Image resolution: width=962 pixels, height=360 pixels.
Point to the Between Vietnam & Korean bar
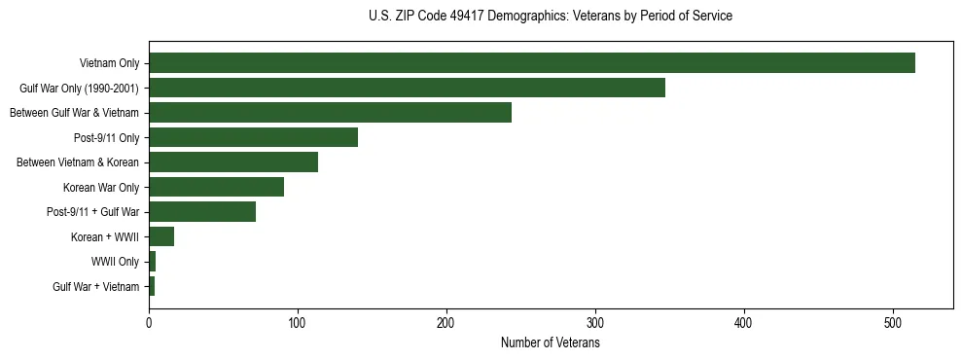[x=233, y=162]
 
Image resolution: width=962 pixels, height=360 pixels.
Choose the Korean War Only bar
[x=216, y=187]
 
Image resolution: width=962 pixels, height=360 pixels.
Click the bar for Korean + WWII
[x=161, y=236]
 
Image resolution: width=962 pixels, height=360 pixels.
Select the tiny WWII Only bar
[x=152, y=262]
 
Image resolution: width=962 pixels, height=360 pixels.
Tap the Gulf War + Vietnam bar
[x=152, y=286]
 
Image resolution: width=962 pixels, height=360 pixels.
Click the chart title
[x=551, y=17]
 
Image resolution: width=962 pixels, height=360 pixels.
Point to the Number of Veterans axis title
[x=551, y=343]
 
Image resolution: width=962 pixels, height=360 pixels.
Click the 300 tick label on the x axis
[x=595, y=323]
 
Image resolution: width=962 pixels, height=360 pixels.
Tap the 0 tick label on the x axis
[x=149, y=323]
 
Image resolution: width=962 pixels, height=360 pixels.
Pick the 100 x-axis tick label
[x=298, y=323]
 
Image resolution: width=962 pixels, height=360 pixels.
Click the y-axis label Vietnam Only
[x=109, y=64]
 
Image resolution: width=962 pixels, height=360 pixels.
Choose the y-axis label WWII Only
[x=115, y=262]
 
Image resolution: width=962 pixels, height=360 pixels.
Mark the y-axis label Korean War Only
[x=101, y=188]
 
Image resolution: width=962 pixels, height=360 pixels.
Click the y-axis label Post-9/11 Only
[x=107, y=138]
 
